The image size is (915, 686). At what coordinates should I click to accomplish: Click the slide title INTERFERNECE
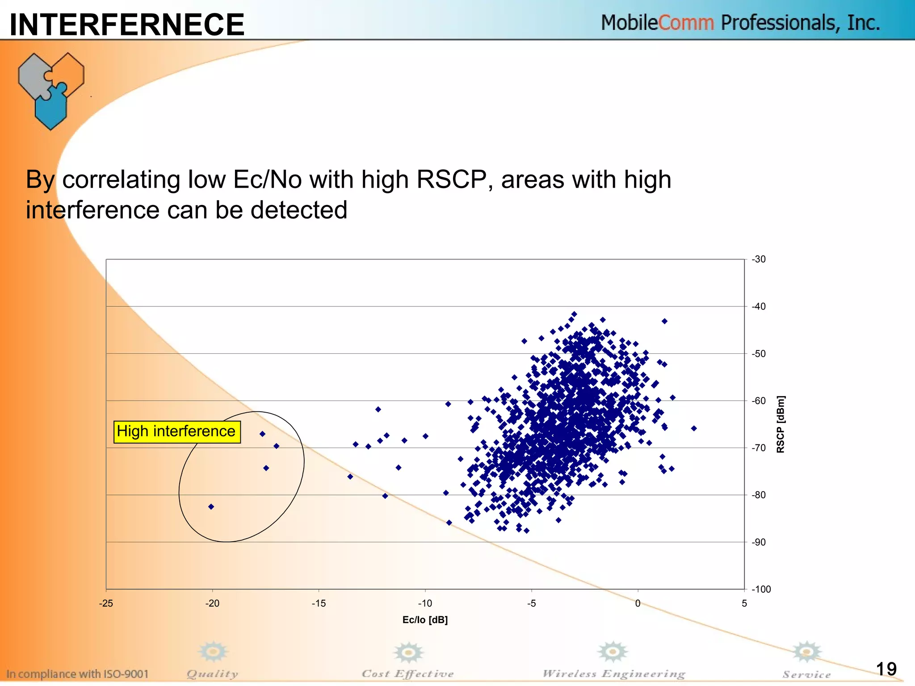coord(127,24)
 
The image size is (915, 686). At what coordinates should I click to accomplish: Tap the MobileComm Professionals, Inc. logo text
coord(740,22)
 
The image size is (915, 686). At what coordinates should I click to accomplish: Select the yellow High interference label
coord(177,431)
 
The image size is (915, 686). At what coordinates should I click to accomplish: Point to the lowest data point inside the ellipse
coord(211,506)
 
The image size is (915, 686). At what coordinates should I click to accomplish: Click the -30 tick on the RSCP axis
coord(758,259)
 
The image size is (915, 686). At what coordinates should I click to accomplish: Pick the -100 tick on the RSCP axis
coord(761,589)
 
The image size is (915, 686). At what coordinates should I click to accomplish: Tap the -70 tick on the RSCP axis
coord(758,448)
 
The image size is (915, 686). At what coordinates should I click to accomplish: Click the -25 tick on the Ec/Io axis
coord(106,603)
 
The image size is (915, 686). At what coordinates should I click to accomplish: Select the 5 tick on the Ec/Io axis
coord(744,603)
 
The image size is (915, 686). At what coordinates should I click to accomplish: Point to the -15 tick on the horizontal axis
coord(319,603)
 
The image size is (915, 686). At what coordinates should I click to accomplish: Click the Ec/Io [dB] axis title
coord(425,619)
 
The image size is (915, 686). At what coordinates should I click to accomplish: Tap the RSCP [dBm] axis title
coord(780,424)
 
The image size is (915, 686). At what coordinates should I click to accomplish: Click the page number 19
coord(886,669)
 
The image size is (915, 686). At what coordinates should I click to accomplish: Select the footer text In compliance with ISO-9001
coord(77,673)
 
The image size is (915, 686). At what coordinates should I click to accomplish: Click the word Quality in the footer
coord(212,673)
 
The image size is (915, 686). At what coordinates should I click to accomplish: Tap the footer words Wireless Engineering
coord(613,673)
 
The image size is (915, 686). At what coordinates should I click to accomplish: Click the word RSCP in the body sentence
coord(452,180)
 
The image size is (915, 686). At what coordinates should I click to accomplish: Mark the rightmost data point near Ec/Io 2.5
coord(694,428)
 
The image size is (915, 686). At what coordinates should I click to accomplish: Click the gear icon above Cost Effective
coord(408,653)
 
